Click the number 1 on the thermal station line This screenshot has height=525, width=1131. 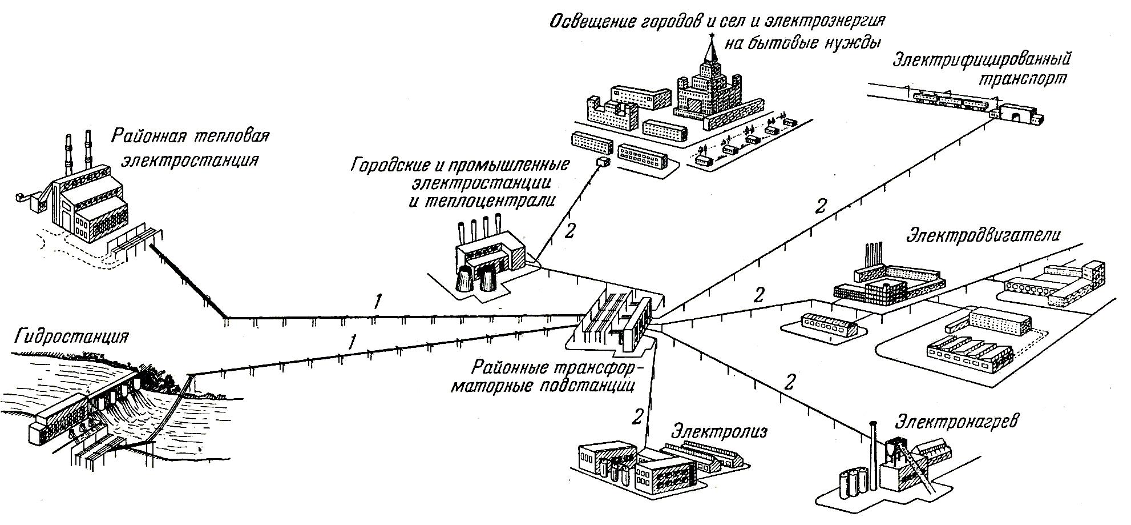pos(377,301)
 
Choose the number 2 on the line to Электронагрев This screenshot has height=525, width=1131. pos(789,381)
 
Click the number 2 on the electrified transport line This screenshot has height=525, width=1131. pos(821,206)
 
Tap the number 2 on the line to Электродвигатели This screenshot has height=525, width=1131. pos(758,295)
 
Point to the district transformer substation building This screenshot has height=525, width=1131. pos(616,322)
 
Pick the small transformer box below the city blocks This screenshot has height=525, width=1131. pos(601,163)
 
